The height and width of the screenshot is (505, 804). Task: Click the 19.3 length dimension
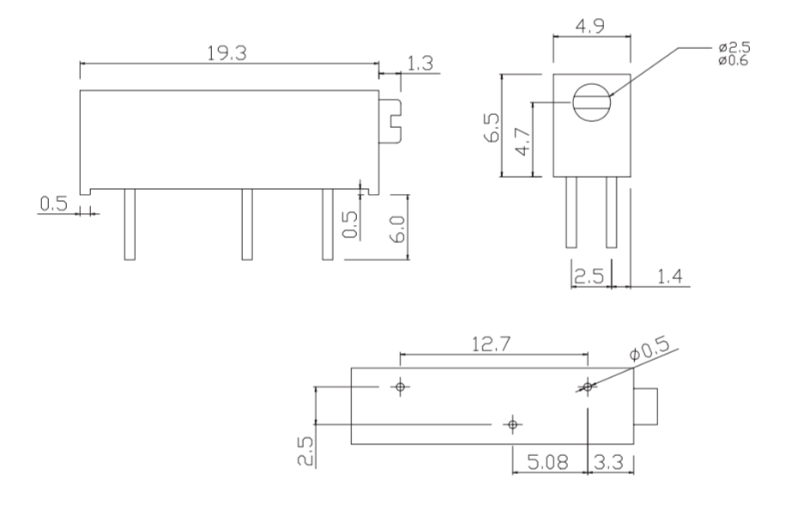(x=227, y=53)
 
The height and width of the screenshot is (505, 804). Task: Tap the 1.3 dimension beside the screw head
(x=420, y=64)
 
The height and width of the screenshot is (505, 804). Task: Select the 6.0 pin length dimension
(x=398, y=228)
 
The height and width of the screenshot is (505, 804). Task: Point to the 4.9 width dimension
(x=590, y=26)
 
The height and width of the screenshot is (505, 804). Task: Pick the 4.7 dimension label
(x=523, y=143)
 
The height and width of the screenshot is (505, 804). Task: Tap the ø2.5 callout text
(x=734, y=48)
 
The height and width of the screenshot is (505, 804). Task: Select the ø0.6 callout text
(x=734, y=61)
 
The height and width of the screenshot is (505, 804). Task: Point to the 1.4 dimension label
(x=670, y=277)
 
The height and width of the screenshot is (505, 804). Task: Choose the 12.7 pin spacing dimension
(x=491, y=344)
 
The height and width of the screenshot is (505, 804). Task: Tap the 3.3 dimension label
(x=608, y=462)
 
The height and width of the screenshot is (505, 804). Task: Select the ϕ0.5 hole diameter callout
(x=650, y=350)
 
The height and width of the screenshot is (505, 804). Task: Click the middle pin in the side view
(x=247, y=224)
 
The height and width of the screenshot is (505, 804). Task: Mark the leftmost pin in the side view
(x=130, y=224)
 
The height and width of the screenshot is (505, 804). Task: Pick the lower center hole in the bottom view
(x=512, y=424)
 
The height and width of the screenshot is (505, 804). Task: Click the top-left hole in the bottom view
(x=400, y=386)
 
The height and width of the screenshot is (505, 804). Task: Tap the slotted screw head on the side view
(x=390, y=121)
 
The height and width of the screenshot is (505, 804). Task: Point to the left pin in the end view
(x=571, y=212)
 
